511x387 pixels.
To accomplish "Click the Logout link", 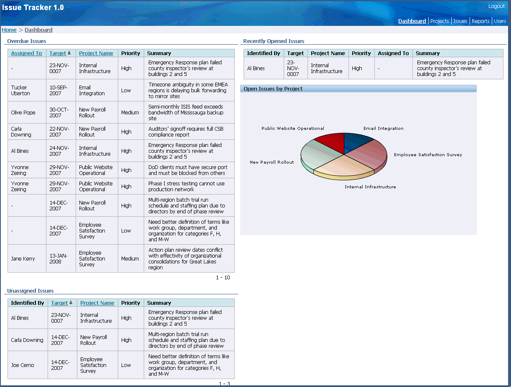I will (x=496, y=6).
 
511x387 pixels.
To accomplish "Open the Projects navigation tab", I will (x=440, y=21).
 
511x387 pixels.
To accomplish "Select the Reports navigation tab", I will (x=480, y=21).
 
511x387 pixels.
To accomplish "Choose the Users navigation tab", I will (x=500, y=21).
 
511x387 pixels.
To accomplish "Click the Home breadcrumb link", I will (x=9, y=30).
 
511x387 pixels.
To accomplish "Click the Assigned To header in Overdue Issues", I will (x=26, y=53).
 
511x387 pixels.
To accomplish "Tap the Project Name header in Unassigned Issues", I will (x=97, y=303).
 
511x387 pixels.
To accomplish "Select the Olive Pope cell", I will (x=23, y=113).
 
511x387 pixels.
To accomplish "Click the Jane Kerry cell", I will (x=23, y=259).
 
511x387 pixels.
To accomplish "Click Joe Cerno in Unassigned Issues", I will (x=23, y=365).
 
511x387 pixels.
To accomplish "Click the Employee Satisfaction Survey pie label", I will (x=428, y=155).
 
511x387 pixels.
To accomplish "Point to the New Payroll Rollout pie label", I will (x=272, y=162).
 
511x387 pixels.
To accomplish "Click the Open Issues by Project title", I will (x=273, y=89).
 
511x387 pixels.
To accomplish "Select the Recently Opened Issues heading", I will (x=274, y=41).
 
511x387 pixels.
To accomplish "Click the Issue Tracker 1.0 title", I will (x=33, y=8).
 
